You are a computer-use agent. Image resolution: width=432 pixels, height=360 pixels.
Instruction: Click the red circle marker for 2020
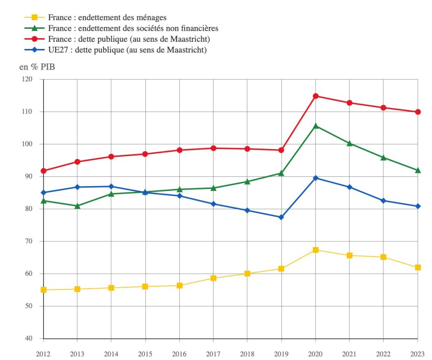pos(315,96)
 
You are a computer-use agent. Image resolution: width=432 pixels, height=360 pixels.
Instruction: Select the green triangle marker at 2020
pos(315,126)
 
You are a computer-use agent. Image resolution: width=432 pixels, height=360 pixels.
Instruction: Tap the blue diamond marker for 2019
pos(281,217)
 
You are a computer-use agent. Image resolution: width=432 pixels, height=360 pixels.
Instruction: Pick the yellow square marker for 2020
pos(315,250)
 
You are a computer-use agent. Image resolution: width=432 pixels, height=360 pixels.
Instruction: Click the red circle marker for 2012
pos(43,171)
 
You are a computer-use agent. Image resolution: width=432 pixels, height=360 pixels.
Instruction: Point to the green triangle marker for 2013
pos(77,206)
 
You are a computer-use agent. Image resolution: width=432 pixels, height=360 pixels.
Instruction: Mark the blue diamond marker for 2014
pos(111,187)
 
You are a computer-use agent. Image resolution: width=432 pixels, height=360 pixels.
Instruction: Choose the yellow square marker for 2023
pos(418,267)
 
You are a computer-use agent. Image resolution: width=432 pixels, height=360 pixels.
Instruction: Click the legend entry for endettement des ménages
pos(107,18)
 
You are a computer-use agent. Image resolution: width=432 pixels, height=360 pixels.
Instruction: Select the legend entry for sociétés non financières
pos(133,29)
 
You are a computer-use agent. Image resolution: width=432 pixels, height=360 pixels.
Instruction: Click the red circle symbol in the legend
pos(36,40)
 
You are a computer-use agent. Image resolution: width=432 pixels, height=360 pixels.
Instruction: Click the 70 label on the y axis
pos(33,241)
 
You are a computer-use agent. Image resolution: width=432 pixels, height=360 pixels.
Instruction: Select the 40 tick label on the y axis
pos(33,338)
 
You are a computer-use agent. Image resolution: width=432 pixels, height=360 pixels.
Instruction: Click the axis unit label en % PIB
pos(37,67)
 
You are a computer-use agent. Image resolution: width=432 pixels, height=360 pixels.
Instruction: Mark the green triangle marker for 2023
pos(418,170)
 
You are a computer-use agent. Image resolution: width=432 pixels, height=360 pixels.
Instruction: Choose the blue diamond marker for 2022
pos(383,200)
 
